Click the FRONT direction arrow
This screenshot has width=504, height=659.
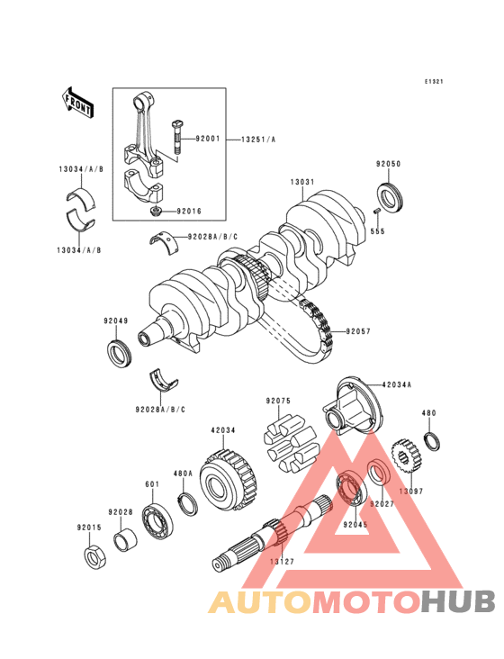[x=77, y=103]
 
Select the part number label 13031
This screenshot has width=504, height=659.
[x=302, y=182]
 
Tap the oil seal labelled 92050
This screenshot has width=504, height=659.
[x=391, y=197]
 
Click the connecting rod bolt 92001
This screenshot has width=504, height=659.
[x=176, y=138]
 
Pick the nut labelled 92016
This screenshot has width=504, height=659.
[x=157, y=211]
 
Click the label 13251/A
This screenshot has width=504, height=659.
[x=258, y=140]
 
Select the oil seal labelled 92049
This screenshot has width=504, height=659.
[x=119, y=353]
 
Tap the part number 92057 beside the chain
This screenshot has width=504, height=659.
[x=358, y=331]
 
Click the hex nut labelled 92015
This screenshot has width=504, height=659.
[x=94, y=557]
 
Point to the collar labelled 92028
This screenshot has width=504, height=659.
[x=126, y=541]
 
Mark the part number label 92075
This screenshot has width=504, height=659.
[x=277, y=401]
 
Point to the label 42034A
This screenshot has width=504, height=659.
[x=397, y=384]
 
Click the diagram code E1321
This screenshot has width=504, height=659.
[x=433, y=82]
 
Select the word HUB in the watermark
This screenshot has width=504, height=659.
[x=459, y=601]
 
